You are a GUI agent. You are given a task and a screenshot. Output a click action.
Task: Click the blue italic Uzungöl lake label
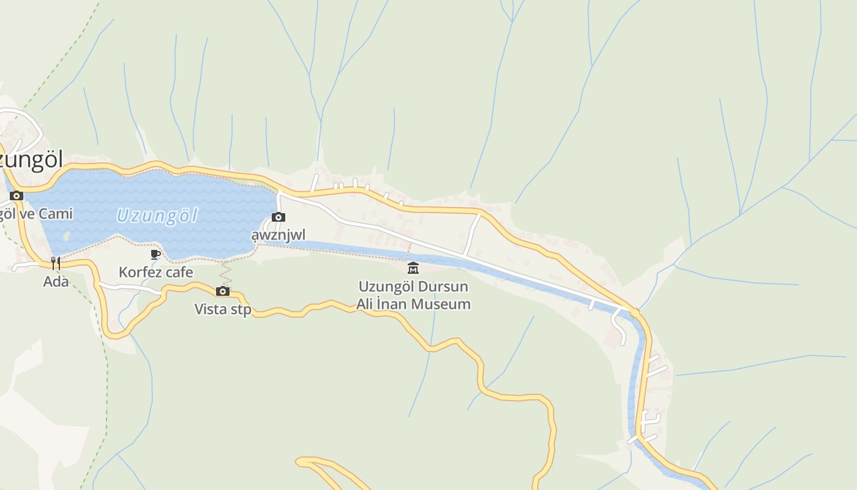pyautogui.click(x=157, y=216)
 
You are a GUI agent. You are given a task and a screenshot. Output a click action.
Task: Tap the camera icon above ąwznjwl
pyautogui.click(x=278, y=217)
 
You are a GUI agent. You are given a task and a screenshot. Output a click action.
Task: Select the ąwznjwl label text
pyautogui.click(x=278, y=235)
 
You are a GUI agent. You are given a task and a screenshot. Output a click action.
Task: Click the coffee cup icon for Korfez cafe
pyautogui.click(x=155, y=254)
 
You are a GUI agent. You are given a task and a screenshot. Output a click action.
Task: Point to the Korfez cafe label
pyautogui.click(x=155, y=272)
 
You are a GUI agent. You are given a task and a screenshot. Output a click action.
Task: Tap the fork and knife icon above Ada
pyautogui.click(x=56, y=263)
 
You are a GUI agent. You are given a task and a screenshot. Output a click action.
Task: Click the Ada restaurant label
pyautogui.click(x=56, y=282)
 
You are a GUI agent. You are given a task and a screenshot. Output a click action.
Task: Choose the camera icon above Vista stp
pyautogui.click(x=223, y=291)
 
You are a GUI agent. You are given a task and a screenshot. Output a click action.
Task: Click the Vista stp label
pyautogui.click(x=223, y=309)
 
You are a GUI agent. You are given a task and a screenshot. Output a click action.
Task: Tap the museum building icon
pyautogui.click(x=413, y=268)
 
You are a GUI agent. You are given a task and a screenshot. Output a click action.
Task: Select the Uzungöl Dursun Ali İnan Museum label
pyautogui.click(x=414, y=295)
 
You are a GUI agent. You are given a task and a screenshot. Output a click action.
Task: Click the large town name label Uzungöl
pyautogui.click(x=31, y=160)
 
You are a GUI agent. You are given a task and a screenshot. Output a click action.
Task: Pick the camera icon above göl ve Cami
pyautogui.click(x=17, y=196)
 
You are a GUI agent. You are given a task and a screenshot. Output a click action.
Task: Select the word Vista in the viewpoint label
pyautogui.click(x=208, y=309)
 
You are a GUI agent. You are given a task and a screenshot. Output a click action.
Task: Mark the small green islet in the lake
pyautogui.click(x=66, y=235)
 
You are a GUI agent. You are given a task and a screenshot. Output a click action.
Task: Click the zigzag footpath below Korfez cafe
pyautogui.click(x=225, y=274)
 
